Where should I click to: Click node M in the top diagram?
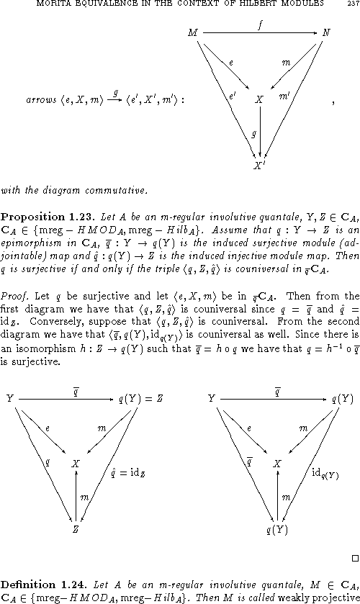192,33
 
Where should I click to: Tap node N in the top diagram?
327,33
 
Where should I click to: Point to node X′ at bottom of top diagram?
258,166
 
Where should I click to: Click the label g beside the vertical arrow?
253,132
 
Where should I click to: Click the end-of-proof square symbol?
355,557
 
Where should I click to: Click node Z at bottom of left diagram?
75,529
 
